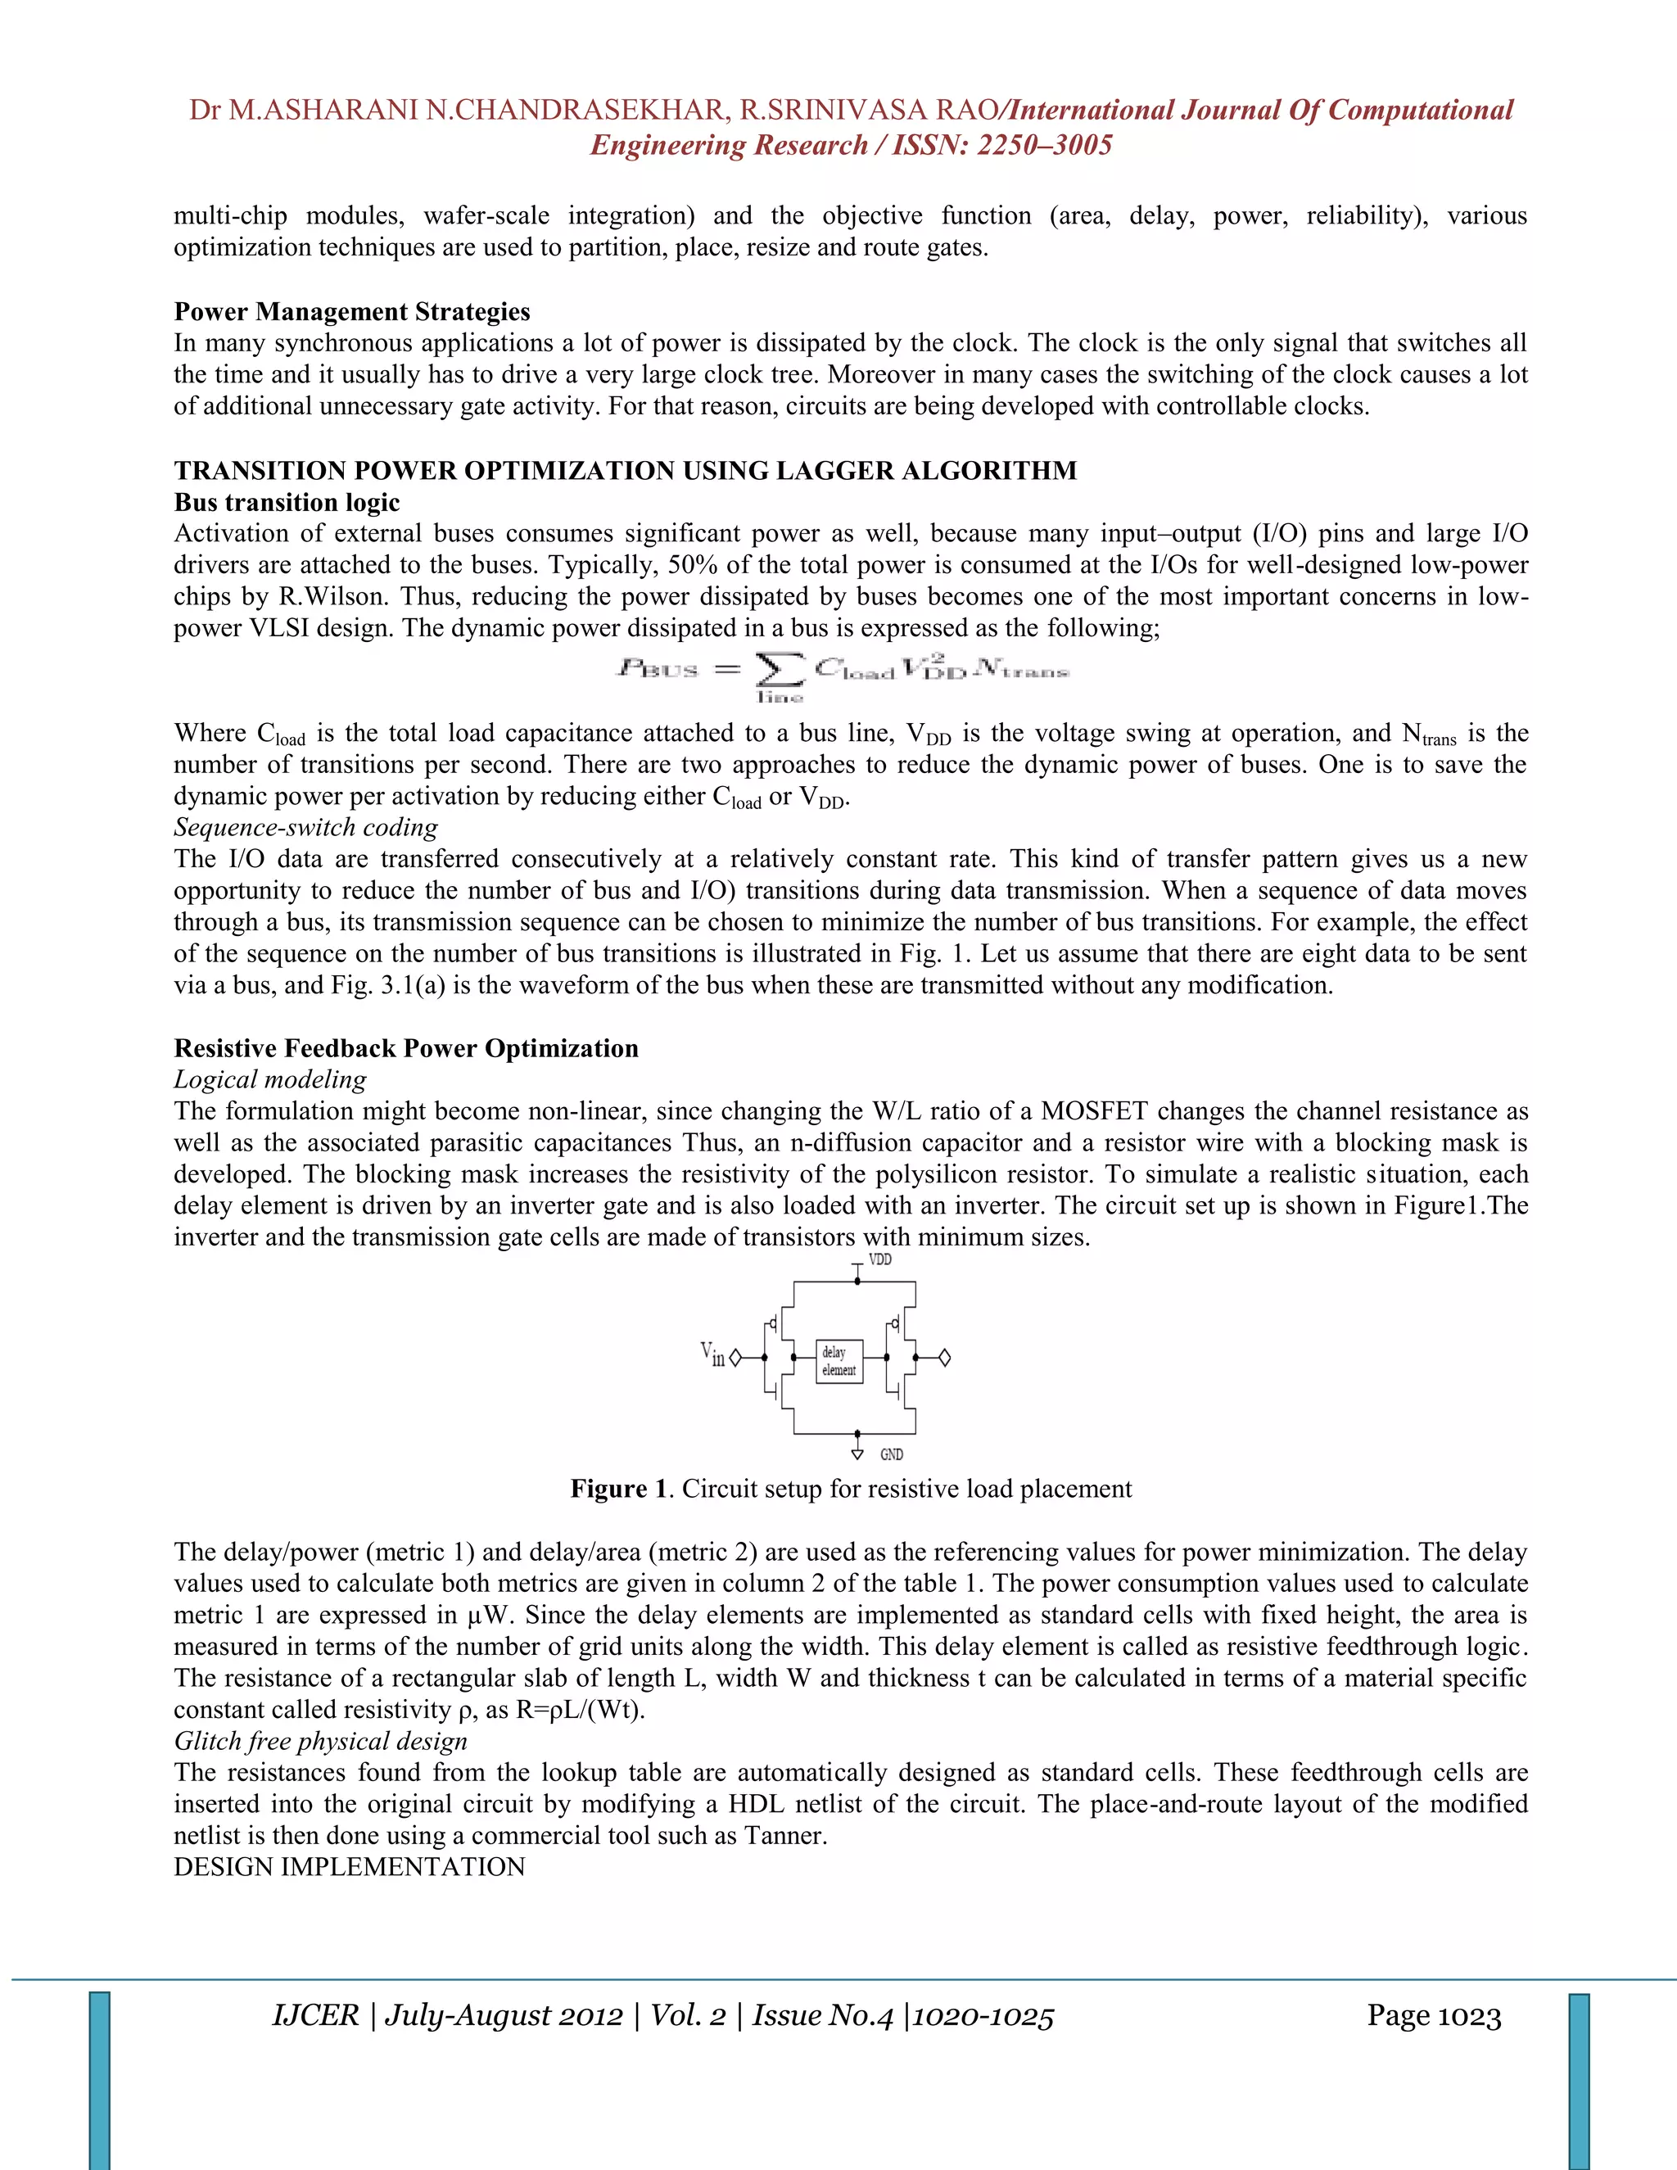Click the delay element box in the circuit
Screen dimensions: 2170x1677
tap(838, 1361)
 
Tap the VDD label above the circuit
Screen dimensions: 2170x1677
tap(880, 1260)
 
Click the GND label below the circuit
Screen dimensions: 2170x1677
tap(891, 1454)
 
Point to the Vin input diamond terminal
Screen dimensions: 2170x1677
tap(735, 1357)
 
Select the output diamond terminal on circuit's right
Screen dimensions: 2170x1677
tap(945, 1357)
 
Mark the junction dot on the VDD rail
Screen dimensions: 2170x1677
tap(857, 1282)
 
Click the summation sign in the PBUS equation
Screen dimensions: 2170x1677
tap(780, 671)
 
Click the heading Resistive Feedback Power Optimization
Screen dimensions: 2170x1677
tap(405, 1048)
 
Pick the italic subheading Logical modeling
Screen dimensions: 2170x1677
tap(269, 1080)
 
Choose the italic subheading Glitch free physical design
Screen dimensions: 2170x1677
tap(320, 1742)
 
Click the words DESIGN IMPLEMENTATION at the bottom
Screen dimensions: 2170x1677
tap(349, 1867)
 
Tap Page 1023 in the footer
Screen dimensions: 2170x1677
tap(1433, 2016)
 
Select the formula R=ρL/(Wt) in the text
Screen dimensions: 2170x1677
tap(579, 1710)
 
